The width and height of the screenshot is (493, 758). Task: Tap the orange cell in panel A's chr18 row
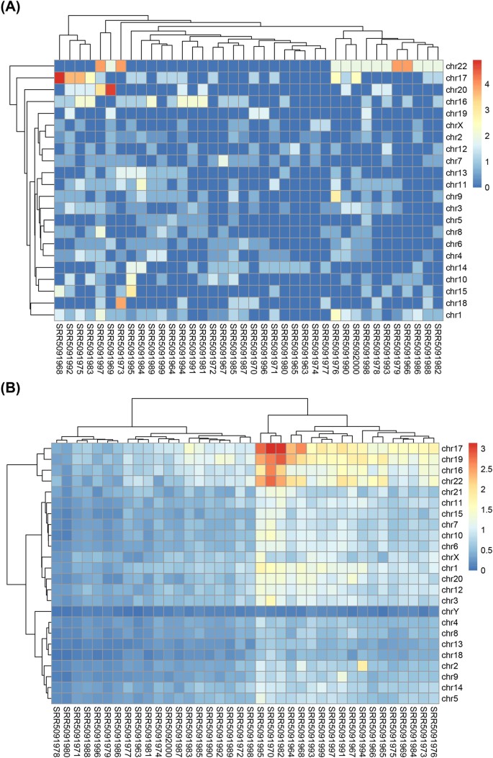coord(121,302)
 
